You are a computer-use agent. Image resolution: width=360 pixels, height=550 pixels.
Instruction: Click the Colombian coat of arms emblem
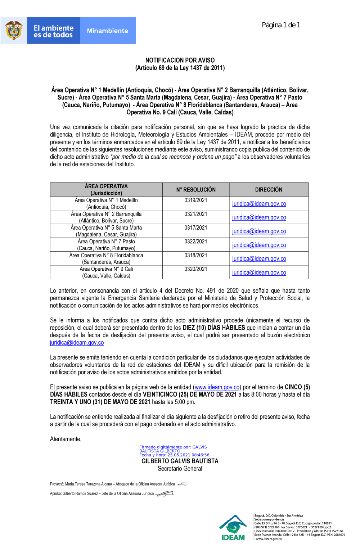pyautogui.click(x=14, y=31)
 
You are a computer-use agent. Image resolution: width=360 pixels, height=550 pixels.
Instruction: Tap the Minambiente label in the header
pyautogui.click(x=107, y=31)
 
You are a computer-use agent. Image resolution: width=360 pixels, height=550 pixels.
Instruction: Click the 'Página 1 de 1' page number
pyautogui.click(x=281, y=25)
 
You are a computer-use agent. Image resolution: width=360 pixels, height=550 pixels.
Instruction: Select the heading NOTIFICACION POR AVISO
pyautogui.click(x=180, y=60)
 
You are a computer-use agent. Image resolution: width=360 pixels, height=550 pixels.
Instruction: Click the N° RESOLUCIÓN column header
pyautogui.click(x=196, y=190)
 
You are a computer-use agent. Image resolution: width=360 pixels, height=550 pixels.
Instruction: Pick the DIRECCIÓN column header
pyautogui.click(x=269, y=190)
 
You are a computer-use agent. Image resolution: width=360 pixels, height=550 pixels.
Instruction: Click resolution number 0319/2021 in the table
pyautogui.click(x=196, y=200)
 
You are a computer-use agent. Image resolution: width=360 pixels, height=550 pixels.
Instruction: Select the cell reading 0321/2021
pyautogui.click(x=196, y=214)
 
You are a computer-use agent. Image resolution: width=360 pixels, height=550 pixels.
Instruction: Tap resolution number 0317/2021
pyautogui.click(x=196, y=227)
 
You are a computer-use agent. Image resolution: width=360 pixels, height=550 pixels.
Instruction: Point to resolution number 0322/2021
pyautogui.click(x=196, y=242)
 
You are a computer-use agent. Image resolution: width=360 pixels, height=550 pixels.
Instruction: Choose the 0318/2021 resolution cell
pyautogui.click(x=196, y=255)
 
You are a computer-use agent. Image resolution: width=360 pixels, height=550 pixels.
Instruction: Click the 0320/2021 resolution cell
pyautogui.click(x=196, y=269)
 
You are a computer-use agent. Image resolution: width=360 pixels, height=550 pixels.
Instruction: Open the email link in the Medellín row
pyautogui.click(x=259, y=204)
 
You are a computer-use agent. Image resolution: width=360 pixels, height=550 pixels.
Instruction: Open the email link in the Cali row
pyautogui.click(x=259, y=272)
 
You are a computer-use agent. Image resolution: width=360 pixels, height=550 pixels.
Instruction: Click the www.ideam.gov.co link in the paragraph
pyautogui.click(x=217, y=387)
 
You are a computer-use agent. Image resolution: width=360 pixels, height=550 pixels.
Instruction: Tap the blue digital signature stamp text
pyautogui.click(x=174, y=451)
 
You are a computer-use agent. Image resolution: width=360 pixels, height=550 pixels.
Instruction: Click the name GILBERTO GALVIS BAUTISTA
pyautogui.click(x=180, y=461)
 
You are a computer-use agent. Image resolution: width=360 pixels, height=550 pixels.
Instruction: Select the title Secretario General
pyautogui.click(x=180, y=469)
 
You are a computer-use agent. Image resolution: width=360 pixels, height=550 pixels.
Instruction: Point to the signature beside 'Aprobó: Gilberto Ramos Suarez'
pyautogui.click(x=165, y=493)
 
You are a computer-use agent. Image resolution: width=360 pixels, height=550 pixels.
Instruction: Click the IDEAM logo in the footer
pyautogui.click(x=233, y=528)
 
